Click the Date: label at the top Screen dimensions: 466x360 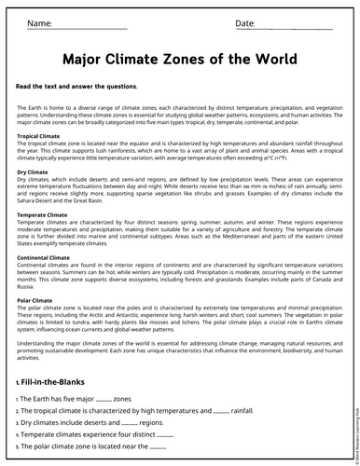point(245,22)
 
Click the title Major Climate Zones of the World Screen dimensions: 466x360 point(180,59)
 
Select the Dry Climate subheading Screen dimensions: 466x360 point(33,172)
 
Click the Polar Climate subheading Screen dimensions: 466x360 point(35,301)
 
